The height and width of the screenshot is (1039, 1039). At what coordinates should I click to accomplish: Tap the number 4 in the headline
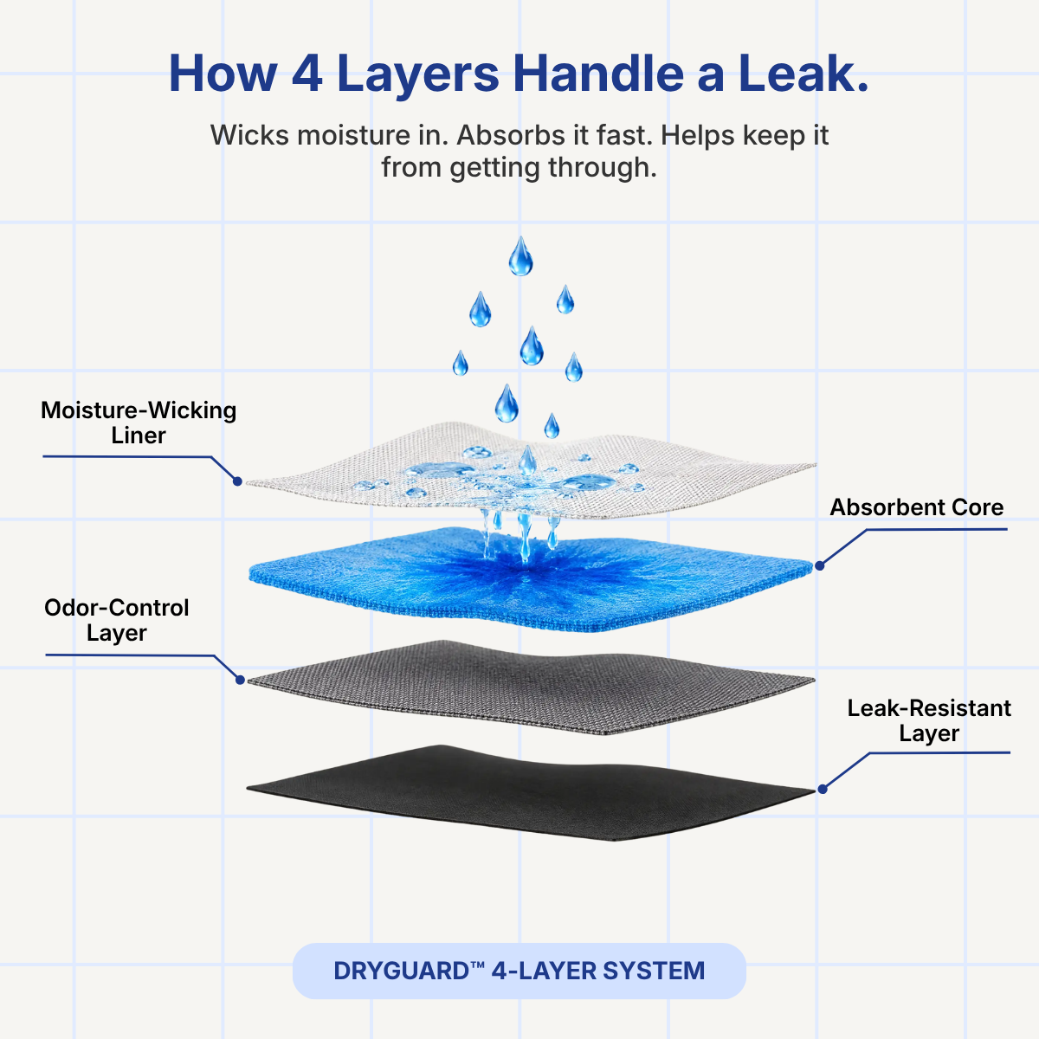307,74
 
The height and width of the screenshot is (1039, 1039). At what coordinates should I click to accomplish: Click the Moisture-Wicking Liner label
139,423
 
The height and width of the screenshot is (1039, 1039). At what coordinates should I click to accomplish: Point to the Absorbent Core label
917,507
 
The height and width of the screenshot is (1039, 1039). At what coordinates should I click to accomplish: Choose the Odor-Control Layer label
117,620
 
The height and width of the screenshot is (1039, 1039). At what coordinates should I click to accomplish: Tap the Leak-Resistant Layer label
929,721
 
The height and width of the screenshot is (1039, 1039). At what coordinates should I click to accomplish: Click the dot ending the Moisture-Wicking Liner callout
237,481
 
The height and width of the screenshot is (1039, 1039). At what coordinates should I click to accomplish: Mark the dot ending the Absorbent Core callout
820,565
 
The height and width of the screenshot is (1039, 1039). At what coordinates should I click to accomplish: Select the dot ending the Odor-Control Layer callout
240,680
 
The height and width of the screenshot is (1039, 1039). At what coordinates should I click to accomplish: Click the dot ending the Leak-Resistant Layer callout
823,790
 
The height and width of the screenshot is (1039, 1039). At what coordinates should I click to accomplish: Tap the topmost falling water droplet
520,256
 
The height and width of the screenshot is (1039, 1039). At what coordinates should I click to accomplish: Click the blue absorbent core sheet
531,579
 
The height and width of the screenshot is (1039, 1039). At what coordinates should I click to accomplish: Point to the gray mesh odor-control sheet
531,687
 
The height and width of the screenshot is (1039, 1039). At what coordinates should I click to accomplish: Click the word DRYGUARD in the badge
402,971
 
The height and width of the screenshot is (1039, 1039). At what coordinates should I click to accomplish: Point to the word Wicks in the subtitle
249,135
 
